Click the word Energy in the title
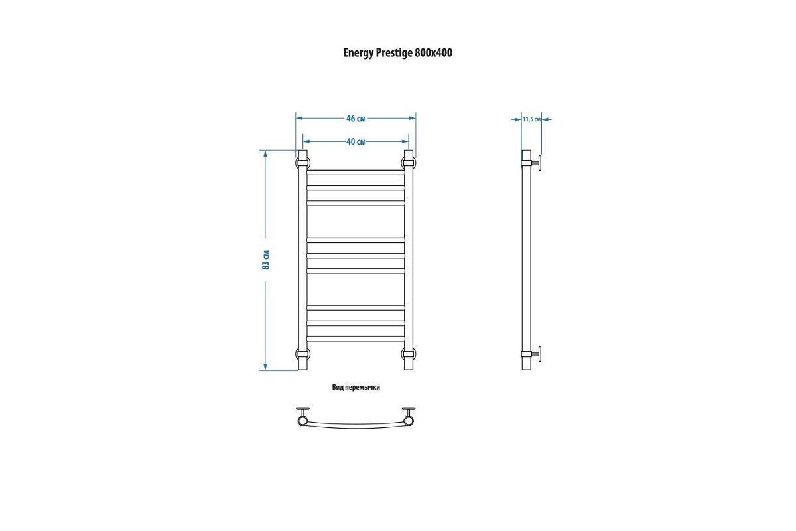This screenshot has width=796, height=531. click(x=358, y=54)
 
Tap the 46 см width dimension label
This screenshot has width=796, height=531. click(x=356, y=119)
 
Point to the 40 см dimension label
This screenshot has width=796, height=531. click(x=356, y=141)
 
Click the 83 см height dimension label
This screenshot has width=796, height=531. click(x=265, y=260)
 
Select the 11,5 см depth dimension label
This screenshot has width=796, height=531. click(x=532, y=119)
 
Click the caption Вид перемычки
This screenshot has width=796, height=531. click(x=356, y=387)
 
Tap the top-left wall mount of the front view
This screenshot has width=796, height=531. click(x=302, y=162)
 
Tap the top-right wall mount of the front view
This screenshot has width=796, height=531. click(x=409, y=162)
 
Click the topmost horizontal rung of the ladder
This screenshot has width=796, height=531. click(x=356, y=173)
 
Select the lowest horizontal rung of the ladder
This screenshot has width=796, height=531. click(x=356, y=339)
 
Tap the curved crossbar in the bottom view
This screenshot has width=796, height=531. click(x=356, y=423)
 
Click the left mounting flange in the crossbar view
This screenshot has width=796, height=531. click(x=303, y=410)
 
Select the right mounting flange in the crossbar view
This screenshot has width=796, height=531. click(x=408, y=410)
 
